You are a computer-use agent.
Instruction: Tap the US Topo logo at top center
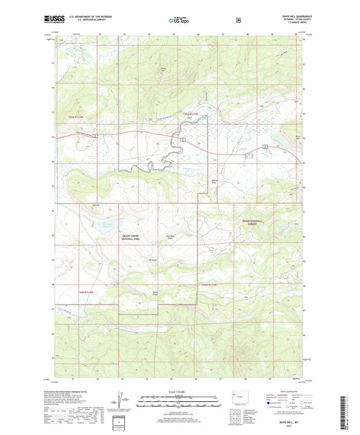tap(180, 20)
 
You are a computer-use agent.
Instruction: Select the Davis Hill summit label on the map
tap(163, 68)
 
